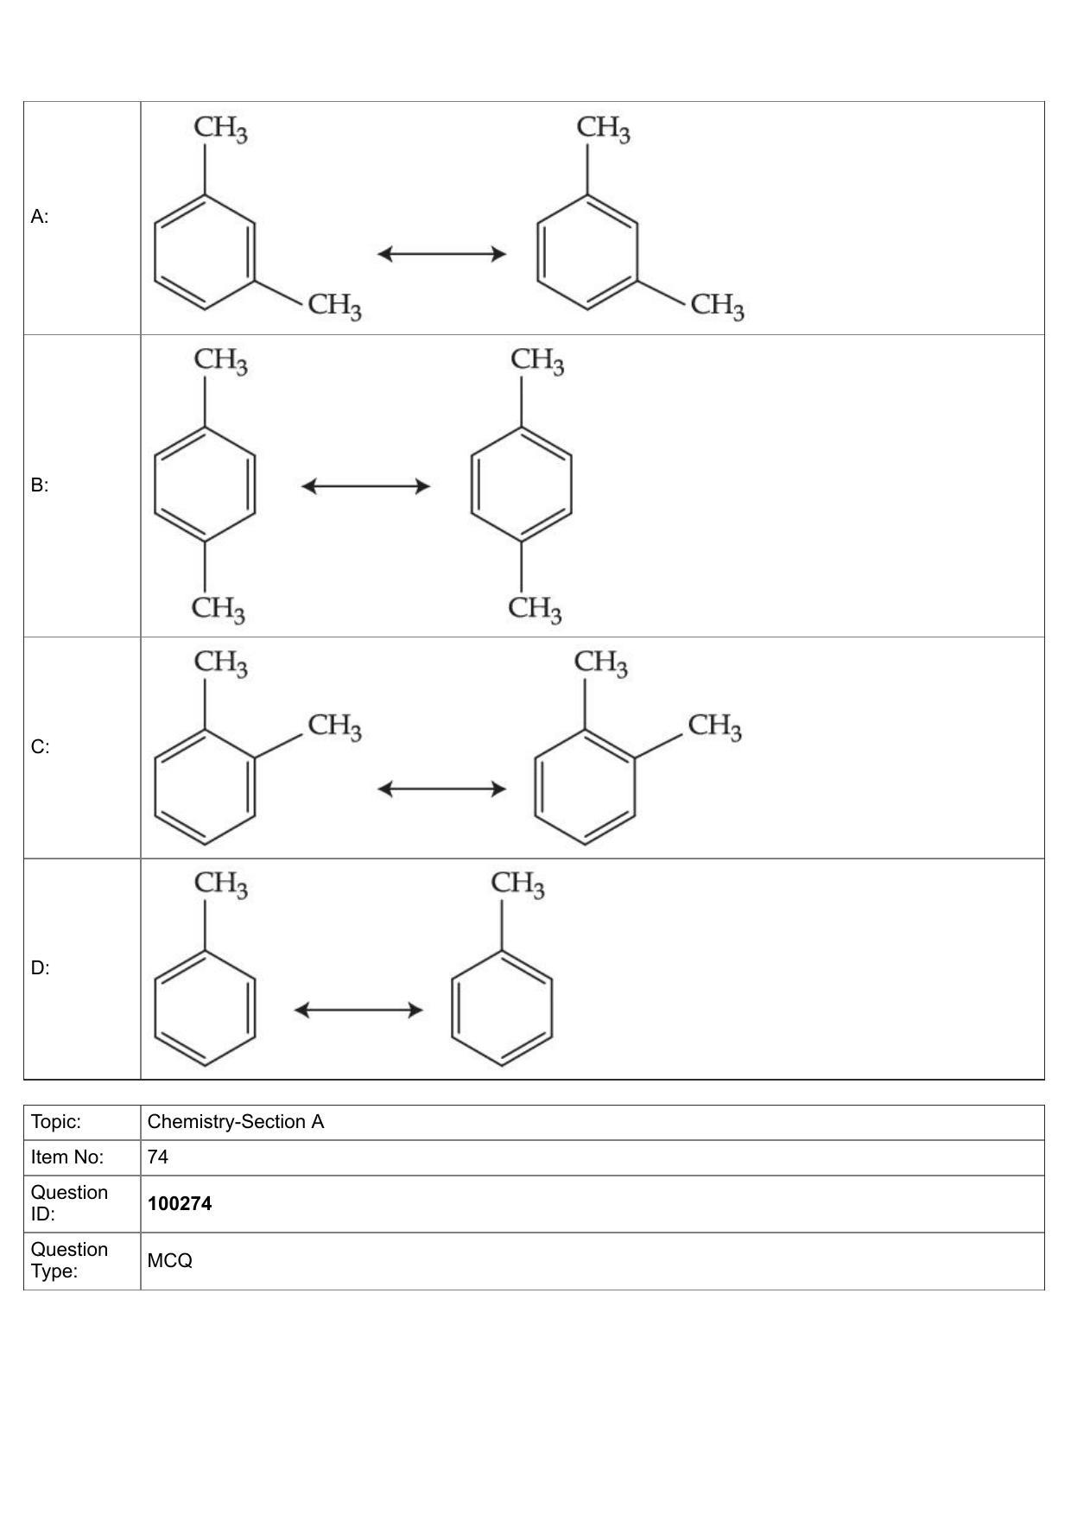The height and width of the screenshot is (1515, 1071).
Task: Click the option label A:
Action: tap(40, 217)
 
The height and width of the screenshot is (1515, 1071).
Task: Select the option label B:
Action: tap(40, 485)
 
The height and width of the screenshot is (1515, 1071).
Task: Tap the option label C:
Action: tap(41, 747)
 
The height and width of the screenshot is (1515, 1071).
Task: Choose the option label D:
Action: tap(41, 968)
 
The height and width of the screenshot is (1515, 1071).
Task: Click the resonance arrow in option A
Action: tap(441, 254)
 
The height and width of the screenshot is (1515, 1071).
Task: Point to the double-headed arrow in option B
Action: tap(365, 486)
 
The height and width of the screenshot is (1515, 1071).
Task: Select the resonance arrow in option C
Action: tap(441, 789)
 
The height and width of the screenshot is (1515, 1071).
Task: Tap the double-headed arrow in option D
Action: tap(358, 1010)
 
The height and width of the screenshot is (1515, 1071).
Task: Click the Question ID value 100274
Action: tap(180, 1204)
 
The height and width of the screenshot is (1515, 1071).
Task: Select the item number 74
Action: tap(158, 1157)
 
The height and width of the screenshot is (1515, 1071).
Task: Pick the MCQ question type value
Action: tap(170, 1261)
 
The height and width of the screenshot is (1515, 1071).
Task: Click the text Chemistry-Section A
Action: tap(236, 1122)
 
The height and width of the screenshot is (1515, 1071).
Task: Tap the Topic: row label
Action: tap(56, 1122)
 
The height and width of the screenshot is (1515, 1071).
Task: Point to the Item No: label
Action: tap(67, 1157)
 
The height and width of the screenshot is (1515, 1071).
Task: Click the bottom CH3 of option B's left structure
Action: tap(219, 609)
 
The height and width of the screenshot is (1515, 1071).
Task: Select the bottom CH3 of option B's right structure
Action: tap(535, 609)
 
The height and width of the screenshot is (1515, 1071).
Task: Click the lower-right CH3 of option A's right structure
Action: tap(718, 306)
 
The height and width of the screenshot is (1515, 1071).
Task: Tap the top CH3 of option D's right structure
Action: tap(518, 884)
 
